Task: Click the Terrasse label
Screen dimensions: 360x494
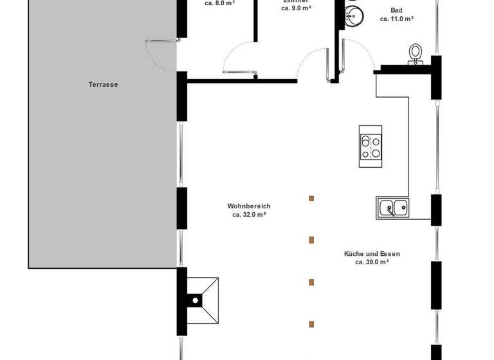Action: point(103,84)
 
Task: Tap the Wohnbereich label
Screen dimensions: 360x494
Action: point(249,206)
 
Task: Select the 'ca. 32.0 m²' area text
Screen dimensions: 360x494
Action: point(249,215)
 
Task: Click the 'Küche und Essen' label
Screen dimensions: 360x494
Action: point(372,253)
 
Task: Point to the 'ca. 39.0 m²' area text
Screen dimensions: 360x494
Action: point(372,262)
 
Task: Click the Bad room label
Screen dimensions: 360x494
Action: point(397,10)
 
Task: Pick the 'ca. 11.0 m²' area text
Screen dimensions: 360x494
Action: point(396,19)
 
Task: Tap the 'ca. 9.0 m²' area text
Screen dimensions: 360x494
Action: point(297,9)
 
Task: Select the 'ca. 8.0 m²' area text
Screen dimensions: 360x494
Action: point(219,3)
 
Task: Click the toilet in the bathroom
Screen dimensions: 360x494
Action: point(416,53)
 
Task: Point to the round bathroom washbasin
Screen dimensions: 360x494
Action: point(353,15)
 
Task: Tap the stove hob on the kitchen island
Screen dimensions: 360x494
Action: point(370,147)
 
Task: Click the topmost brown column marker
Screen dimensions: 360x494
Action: point(311,198)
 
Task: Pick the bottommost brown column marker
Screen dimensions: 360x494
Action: point(311,323)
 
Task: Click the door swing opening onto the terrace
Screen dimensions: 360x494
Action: point(160,55)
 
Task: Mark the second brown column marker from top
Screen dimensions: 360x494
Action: point(311,240)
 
